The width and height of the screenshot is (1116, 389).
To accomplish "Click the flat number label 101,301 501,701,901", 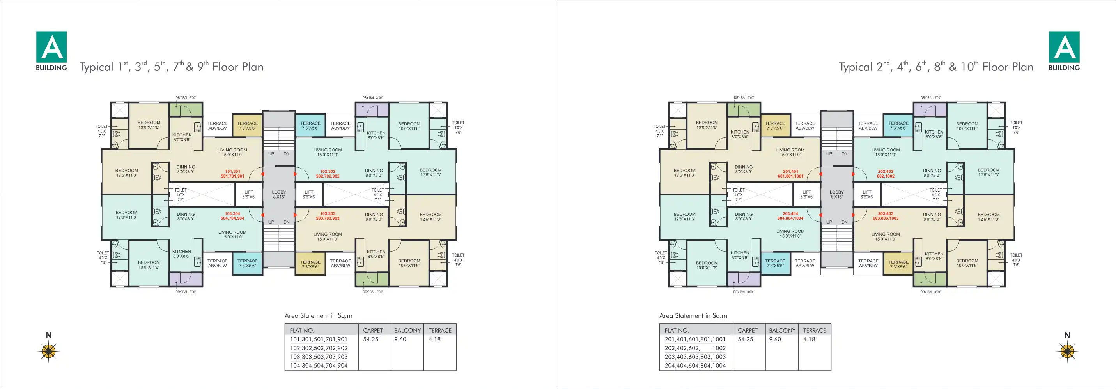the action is (x=233, y=174).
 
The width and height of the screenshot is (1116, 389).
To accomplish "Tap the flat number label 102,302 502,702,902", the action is (x=328, y=174).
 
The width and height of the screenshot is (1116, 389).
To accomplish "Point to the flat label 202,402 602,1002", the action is (x=886, y=174).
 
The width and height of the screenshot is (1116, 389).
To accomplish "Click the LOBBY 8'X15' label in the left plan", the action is (x=279, y=195).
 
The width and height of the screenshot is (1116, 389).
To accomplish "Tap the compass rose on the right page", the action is (x=1067, y=350).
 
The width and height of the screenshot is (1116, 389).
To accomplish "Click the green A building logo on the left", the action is (x=51, y=47).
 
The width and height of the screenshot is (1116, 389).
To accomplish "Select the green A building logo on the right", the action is (x=1064, y=47).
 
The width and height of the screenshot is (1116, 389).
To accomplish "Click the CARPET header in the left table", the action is (x=373, y=330).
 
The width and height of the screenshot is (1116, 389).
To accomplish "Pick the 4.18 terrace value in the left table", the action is (x=434, y=339).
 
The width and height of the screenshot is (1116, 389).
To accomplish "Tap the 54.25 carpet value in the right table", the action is (x=746, y=339).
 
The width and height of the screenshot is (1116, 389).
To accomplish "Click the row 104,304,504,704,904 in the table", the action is (x=319, y=366).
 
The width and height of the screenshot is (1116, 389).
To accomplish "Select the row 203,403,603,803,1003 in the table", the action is (x=695, y=357).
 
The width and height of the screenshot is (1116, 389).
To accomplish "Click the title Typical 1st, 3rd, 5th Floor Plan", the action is (x=172, y=66).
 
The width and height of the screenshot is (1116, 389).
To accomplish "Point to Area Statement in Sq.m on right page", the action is (x=693, y=316).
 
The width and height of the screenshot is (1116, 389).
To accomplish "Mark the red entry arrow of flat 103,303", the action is (x=296, y=215).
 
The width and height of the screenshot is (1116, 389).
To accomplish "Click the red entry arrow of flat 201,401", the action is (x=820, y=174).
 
